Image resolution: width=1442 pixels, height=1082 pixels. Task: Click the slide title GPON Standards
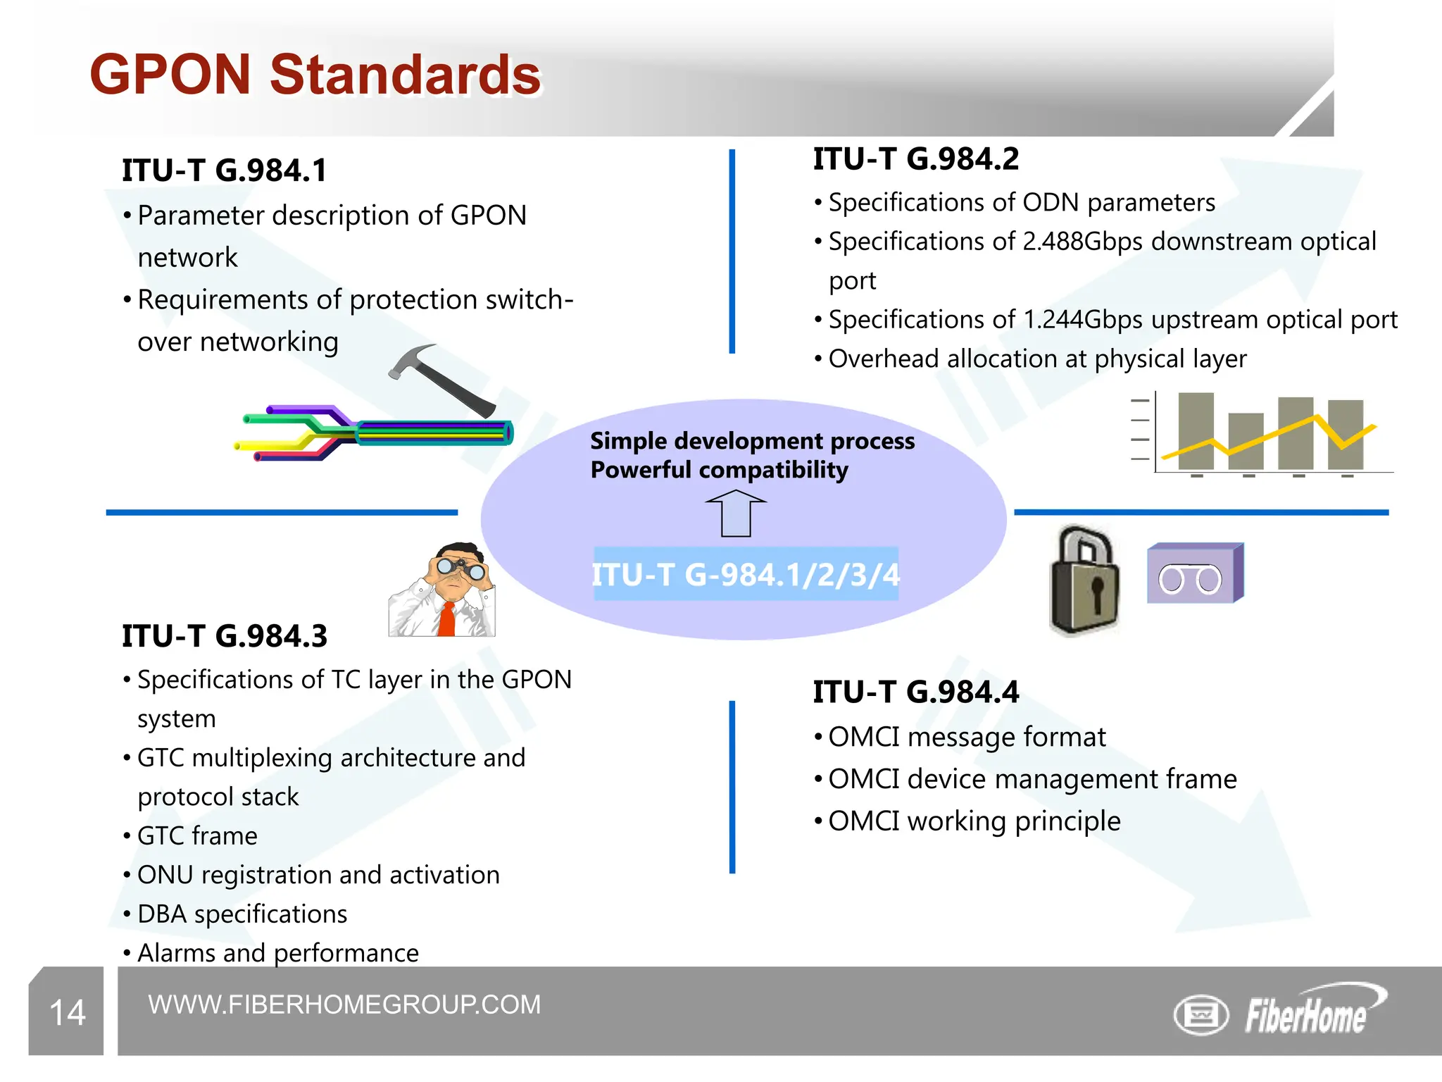[315, 75]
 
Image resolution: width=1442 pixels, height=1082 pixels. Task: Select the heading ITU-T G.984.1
[224, 170]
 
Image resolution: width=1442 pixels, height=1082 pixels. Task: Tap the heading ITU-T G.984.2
[915, 159]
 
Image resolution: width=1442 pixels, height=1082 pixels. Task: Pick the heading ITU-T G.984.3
[224, 636]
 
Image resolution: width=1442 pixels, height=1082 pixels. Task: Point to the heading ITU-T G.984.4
[915, 692]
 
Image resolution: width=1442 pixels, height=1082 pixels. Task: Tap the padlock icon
[1084, 582]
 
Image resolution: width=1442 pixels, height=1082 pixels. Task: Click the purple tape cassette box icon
[1194, 575]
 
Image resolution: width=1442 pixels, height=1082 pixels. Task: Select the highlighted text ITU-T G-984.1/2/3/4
[745, 575]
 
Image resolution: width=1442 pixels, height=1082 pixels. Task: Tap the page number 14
[68, 1013]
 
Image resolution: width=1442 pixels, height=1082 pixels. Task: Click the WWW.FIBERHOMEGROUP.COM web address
[344, 1005]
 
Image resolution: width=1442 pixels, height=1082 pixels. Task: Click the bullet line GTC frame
[197, 836]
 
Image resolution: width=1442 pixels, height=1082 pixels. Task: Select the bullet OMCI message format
[966, 738]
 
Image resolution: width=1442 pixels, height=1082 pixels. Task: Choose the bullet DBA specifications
[242, 914]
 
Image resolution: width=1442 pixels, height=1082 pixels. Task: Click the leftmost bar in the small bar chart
[1196, 431]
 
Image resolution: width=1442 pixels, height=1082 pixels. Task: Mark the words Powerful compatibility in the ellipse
[719, 470]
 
